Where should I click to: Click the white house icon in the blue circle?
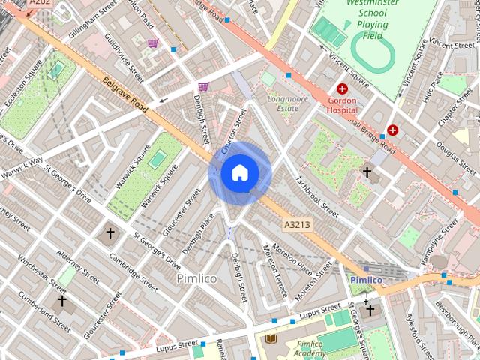(x=240, y=173)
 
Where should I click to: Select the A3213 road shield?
(x=298, y=224)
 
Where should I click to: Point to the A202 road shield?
(x=39, y=3)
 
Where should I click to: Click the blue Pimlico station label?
(x=366, y=280)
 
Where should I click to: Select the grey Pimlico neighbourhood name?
(x=196, y=278)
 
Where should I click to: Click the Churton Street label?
(x=232, y=132)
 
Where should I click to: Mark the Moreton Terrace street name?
(x=272, y=264)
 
